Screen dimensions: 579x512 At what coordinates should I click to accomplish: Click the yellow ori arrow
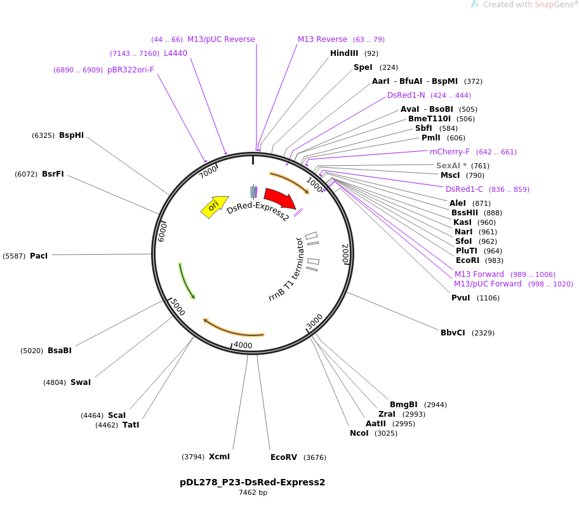coord(214,206)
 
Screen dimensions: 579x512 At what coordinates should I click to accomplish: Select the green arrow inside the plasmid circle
coord(187,281)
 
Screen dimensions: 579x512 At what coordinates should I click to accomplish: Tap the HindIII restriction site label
coord(344,53)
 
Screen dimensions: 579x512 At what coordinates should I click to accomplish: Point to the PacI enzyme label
coord(39,255)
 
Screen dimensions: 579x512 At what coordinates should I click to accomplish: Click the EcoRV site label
coord(284,457)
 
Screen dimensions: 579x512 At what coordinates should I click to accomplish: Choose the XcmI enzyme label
coord(219,457)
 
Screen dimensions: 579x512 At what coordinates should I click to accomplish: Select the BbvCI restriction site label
coord(453,332)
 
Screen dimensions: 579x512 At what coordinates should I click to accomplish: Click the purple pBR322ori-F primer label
coord(130,69)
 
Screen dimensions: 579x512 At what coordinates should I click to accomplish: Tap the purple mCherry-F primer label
coord(449,151)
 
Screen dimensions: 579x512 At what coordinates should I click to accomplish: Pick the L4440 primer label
coord(175,53)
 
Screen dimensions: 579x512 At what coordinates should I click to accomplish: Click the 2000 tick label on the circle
coord(345,254)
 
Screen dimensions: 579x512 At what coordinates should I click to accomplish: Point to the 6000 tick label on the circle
coord(162,232)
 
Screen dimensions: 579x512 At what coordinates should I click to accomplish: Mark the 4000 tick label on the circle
coord(243,345)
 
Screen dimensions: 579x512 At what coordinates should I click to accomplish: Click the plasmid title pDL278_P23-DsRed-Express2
coord(252,482)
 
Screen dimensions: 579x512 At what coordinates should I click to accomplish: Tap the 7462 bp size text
coord(253,492)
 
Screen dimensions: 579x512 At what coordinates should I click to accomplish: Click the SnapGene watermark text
coord(530,4)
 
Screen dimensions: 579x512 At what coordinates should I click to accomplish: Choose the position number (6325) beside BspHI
coord(43,135)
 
